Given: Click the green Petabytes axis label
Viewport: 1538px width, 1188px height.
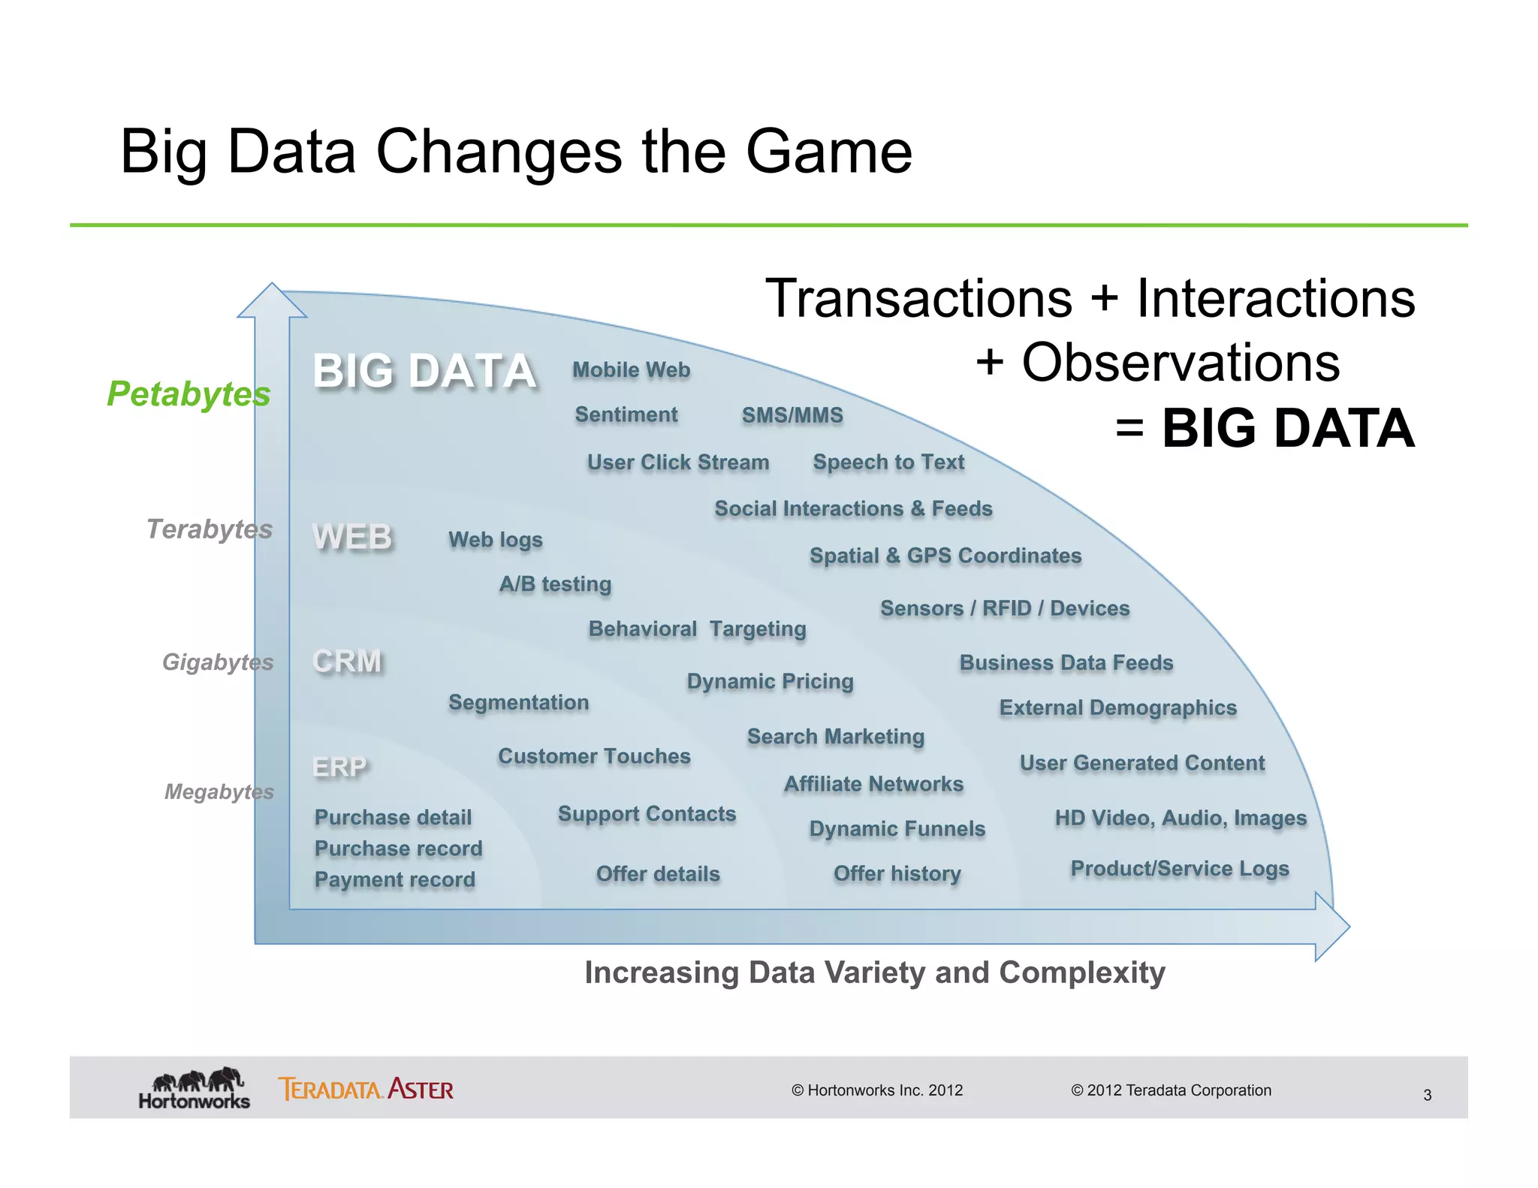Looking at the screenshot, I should (x=188, y=394).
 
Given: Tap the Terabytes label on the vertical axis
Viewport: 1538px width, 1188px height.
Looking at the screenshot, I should (x=209, y=529).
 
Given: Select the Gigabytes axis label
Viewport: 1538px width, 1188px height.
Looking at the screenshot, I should (x=218, y=662).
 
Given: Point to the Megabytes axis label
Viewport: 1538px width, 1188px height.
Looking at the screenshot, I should (x=219, y=791).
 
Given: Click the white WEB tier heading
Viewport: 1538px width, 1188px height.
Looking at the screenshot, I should (x=352, y=538).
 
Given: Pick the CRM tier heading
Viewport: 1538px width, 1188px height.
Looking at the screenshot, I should (x=347, y=662).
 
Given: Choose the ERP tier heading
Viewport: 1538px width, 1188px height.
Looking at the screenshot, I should (x=339, y=767).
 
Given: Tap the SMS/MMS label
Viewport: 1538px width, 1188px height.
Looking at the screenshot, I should (x=792, y=415).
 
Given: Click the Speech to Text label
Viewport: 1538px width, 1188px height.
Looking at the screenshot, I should (x=888, y=463).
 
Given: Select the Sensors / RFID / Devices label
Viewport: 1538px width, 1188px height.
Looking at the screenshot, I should (x=1005, y=608).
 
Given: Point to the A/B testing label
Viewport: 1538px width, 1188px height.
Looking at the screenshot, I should (x=555, y=584).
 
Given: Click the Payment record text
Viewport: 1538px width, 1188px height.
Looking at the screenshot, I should (x=394, y=879).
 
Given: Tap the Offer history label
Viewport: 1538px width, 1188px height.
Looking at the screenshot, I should (x=897, y=874).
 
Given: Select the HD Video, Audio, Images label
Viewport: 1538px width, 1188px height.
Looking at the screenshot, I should (x=1181, y=818).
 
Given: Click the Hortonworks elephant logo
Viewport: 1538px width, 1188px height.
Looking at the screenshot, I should (x=195, y=1088).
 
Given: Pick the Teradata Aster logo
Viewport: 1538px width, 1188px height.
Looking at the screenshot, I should (x=366, y=1089).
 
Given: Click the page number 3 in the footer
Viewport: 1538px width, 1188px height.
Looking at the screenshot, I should (x=1427, y=1095).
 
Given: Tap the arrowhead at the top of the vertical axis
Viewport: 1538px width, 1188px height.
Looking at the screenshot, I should (x=272, y=301).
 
